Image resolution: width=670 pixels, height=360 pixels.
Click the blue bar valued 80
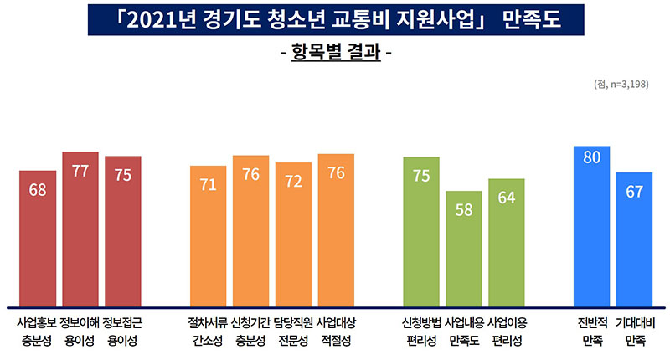click(x=591, y=226)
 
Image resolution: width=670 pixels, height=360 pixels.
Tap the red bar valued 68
click(x=38, y=239)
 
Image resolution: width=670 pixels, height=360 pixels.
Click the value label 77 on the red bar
click(x=80, y=171)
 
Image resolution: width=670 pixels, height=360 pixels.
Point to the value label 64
click(x=507, y=198)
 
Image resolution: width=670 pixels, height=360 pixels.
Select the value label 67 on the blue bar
click(x=634, y=192)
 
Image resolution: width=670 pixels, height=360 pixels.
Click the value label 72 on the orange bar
click(x=293, y=181)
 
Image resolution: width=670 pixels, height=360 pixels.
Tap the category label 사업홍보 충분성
click(x=38, y=331)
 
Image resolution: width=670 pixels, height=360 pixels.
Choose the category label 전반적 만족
click(x=591, y=331)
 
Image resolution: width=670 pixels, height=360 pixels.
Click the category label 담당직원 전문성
click(x=293, y=331)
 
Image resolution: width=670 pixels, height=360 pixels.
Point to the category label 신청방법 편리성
click(x=421, y=331)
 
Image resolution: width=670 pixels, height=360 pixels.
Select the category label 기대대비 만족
click(x=634, y=331)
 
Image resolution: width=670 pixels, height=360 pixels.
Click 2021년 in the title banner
click(x=164, y=18)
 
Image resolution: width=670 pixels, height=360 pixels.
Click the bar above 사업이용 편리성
click(x=507, y=242)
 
